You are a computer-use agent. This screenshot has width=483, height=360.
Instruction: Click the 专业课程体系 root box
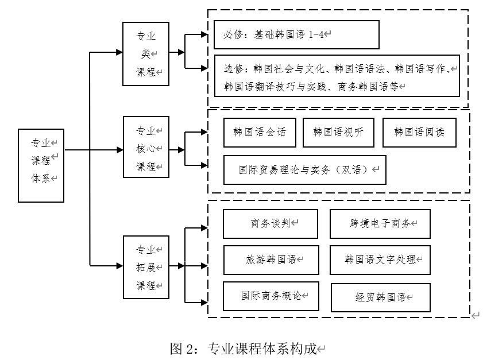tap(41, 165)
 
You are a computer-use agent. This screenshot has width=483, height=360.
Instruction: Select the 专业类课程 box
tap(146, 54)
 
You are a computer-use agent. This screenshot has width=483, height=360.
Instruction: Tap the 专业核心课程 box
tap(146, 149)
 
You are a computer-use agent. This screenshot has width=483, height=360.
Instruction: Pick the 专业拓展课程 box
tap(146, 267)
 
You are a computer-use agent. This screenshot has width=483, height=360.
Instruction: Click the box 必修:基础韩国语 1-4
tap(296, 34)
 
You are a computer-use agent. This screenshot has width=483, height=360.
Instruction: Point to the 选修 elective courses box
tap(337, 76)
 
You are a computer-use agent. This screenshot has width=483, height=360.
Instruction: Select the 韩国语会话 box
tap(260, 132)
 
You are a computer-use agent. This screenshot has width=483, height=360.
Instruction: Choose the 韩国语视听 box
tap(338, 132)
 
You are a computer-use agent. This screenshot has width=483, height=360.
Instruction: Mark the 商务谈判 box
tap(270, 224)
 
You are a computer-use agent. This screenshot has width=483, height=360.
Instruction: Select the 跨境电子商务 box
tap(380, 224)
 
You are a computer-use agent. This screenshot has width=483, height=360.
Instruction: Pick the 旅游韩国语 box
tap(270, 260)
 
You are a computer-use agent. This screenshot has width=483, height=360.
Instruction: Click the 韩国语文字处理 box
tap(380, 260)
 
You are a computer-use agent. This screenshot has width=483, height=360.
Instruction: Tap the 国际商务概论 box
tap(270, 296)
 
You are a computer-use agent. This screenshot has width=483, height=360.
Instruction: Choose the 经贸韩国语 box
tap(380, 297)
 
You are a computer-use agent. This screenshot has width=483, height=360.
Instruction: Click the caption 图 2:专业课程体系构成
tap(248, 348)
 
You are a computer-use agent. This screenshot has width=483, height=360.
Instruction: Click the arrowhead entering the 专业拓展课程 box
tap(119, 265)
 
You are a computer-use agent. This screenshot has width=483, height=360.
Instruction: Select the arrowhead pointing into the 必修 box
tap(204, 34)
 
